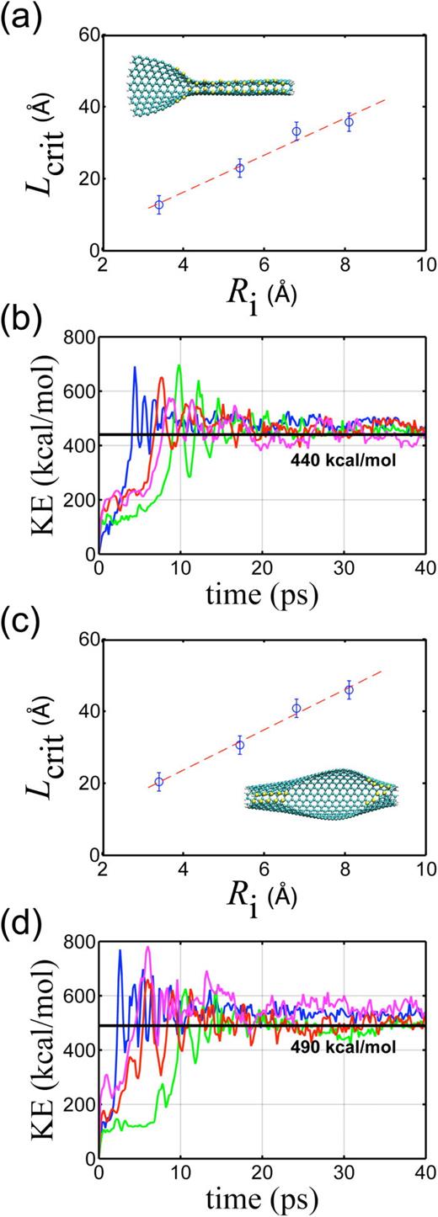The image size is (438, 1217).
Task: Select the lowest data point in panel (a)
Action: tap(158, 205)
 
